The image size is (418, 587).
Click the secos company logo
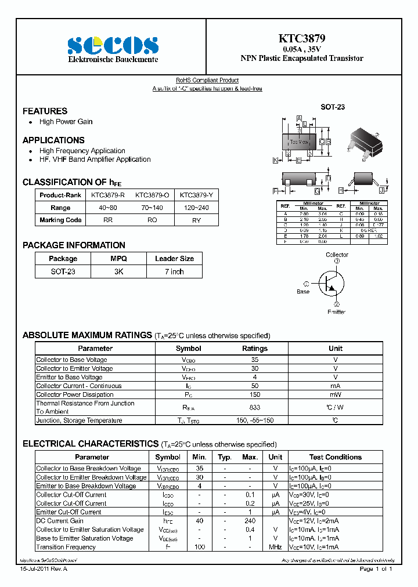point(113,45)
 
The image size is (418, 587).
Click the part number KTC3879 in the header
point(302,39)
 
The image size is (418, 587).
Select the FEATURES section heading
point(45,111)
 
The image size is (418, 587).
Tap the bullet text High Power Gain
point(66,122)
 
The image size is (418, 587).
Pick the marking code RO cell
point(153,220)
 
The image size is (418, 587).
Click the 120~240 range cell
point(197,208)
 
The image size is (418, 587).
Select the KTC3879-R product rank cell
point(107,195)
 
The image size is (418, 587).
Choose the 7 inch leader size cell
point(174,271)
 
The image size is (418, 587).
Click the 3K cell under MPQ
point(118,271)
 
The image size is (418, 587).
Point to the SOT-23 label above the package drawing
point(333,107)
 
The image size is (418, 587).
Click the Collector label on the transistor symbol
point(337,255)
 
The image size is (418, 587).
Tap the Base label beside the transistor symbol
point(303,292)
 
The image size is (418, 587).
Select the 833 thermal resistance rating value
point(254,407)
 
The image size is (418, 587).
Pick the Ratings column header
point(254,349)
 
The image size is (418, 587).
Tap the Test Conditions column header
point(335,457)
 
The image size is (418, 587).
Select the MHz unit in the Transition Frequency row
point(275,547)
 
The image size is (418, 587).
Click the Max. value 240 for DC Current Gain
point(250,521)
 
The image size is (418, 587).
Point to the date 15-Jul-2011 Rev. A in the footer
point(44,569)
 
